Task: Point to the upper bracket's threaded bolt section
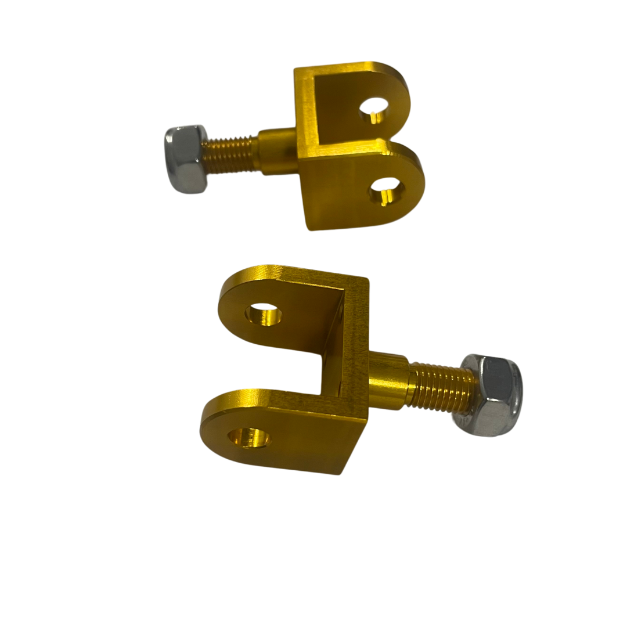click(x=229, y=153)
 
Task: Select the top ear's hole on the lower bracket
click(x=263, y=314)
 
